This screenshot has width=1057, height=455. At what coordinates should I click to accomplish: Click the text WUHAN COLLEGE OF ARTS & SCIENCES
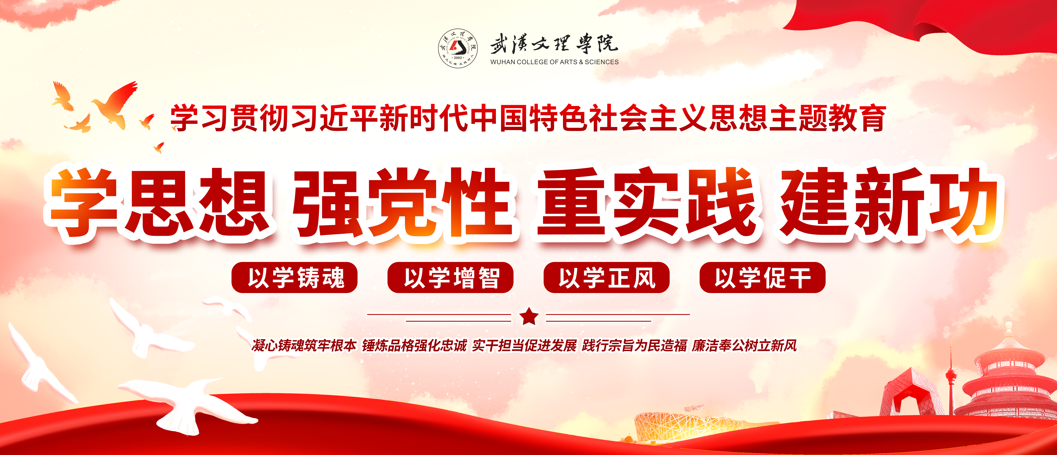554,62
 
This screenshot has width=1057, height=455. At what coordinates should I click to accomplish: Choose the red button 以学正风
606,278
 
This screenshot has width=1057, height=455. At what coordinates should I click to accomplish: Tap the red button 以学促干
762,278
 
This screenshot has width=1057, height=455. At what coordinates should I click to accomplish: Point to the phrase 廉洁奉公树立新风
744,346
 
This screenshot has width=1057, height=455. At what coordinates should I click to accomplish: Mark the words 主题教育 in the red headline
827,118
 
